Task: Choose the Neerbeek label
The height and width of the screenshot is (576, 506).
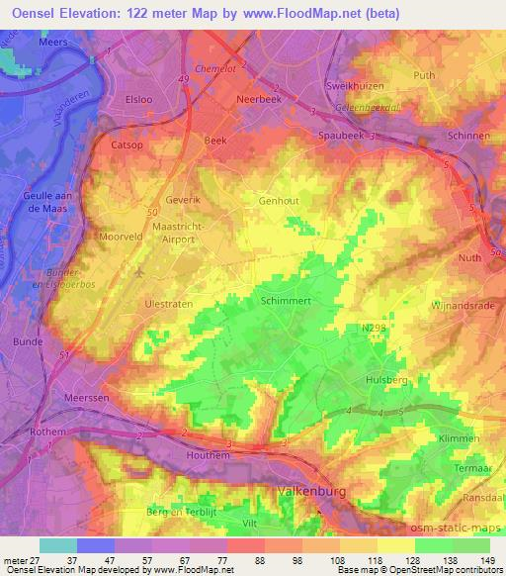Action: point(260,100)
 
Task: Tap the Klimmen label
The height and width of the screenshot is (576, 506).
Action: point(460,438)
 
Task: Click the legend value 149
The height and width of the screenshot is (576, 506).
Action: point(488,558)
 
